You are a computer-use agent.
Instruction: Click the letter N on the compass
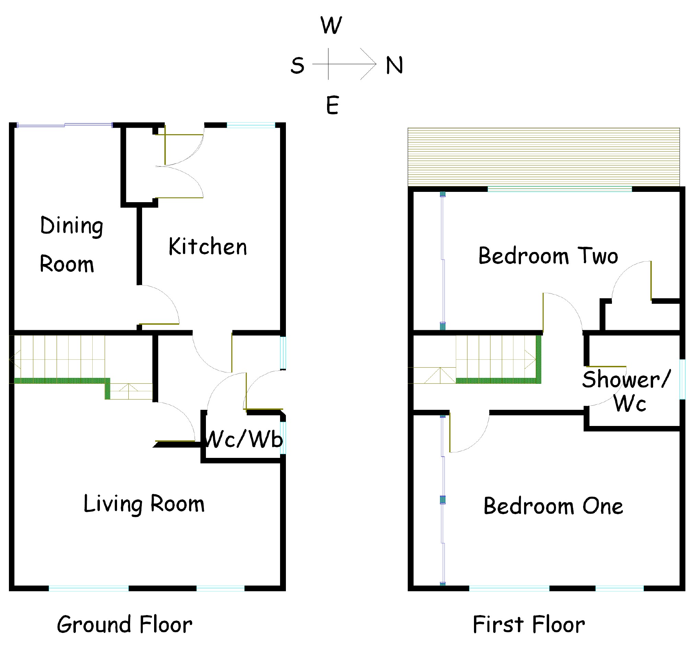coord(394,65)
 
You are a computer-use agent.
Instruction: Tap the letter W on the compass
coord(331,25)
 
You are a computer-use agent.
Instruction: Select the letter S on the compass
coord(298,66)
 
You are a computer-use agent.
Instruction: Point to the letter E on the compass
coord(333,105)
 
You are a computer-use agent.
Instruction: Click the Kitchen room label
coord(208,246)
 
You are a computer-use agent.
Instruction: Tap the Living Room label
coord(144,504)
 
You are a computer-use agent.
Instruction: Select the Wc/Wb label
coord(244,439)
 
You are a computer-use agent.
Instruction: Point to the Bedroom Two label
coord(548,256)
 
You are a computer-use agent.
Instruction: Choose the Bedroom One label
coord(553,506)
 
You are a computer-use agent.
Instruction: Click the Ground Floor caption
coord(125,624)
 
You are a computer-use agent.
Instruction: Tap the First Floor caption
coord(529,624)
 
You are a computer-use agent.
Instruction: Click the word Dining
coord(72,226)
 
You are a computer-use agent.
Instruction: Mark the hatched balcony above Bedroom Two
coord(544,157)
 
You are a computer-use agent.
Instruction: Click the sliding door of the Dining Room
coord(65,125)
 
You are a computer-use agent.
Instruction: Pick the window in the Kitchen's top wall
coord(251,125)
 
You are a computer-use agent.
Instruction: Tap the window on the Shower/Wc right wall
coord(682,379)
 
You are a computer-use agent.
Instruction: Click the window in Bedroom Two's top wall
coord(559,189)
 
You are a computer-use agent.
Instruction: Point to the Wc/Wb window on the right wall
coord(283,438)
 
